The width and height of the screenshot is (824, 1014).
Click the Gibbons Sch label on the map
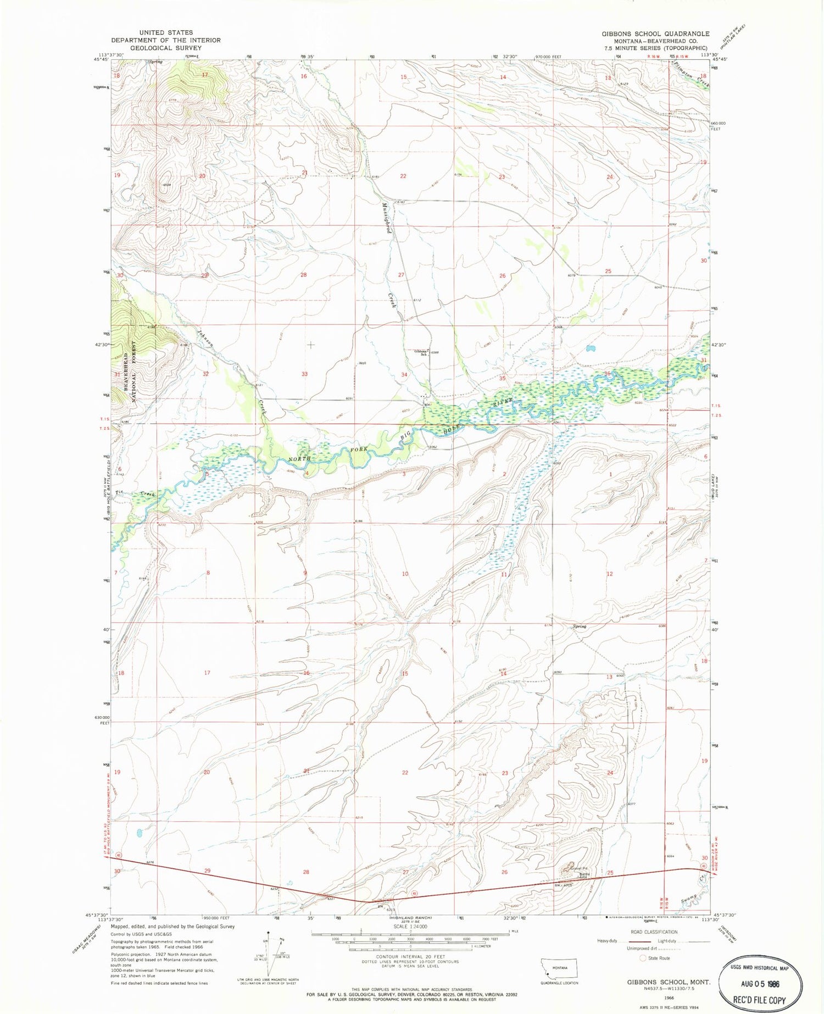point(421,353)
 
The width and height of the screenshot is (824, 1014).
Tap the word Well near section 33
point(362,363)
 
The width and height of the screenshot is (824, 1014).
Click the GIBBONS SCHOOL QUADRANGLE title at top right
point(655,34)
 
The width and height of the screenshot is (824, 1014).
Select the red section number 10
point(405,574)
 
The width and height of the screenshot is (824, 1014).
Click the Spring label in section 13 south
point(579,627)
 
